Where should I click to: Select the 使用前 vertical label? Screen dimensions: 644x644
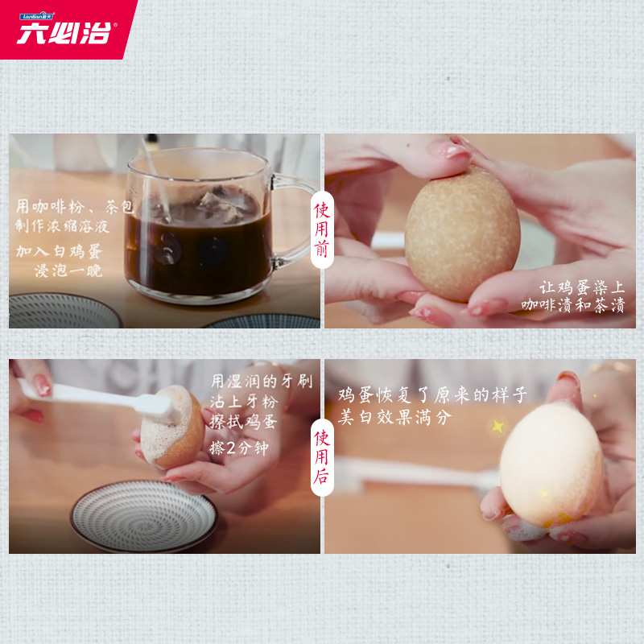(x=322, y=229)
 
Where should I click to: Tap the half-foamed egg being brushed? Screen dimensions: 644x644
(x=172, y=427)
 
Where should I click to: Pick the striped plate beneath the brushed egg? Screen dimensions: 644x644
(x=144, y=515)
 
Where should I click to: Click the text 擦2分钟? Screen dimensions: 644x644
(x=239, y=448)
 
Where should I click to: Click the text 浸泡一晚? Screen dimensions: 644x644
(x=68, y=270)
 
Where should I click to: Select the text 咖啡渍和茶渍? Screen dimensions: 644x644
(x=572, y=306)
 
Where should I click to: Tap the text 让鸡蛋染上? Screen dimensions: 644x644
(x=582, y=287)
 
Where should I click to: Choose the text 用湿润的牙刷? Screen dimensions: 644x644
(x=262, y=381)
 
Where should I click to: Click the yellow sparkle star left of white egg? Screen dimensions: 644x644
(x=497, y=426)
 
